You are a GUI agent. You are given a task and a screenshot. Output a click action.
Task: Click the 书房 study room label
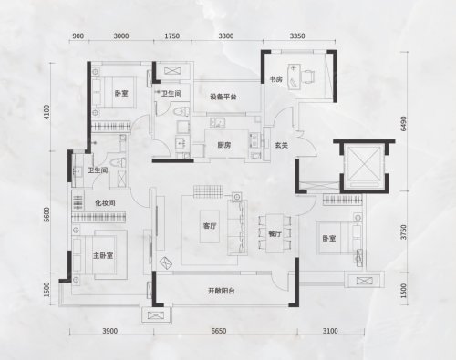tap(276, 79)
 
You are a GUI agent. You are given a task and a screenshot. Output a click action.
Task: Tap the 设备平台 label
tap(223, 97)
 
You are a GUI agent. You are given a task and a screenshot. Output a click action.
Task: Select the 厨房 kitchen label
tap(224, 145)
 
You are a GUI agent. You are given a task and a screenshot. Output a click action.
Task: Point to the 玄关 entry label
tap(281, 145)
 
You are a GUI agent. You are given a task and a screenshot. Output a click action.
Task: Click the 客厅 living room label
tap(210, 226)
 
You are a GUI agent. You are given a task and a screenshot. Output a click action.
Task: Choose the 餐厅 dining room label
tap(275, 233)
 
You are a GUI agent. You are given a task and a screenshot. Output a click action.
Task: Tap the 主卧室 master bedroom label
tap(103, 255)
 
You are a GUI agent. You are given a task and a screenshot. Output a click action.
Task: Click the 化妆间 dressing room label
tap(105, 202)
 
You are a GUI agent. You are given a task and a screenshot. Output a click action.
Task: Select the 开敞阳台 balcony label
tap(222, 291)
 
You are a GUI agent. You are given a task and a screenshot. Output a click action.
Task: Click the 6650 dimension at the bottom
tap(219, 331)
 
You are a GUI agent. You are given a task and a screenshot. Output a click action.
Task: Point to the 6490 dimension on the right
tap(403, 123)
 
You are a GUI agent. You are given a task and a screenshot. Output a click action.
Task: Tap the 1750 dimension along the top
tap(171, 36)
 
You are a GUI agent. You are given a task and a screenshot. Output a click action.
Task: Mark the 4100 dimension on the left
tap(47, 112)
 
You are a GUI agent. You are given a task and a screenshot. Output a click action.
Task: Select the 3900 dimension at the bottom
tap(109, 331)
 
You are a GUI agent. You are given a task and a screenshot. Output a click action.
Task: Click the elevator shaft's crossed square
tap(364, 163)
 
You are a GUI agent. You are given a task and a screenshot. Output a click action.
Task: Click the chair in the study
tap(308, 76)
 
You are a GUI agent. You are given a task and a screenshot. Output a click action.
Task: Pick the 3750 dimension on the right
tap(403, 232)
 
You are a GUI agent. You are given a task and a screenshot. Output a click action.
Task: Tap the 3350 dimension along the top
tap(297, 36)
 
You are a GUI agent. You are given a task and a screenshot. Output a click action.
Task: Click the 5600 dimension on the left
tap(47, 214)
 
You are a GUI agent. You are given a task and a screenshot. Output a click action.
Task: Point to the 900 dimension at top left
tap(78, 36)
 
